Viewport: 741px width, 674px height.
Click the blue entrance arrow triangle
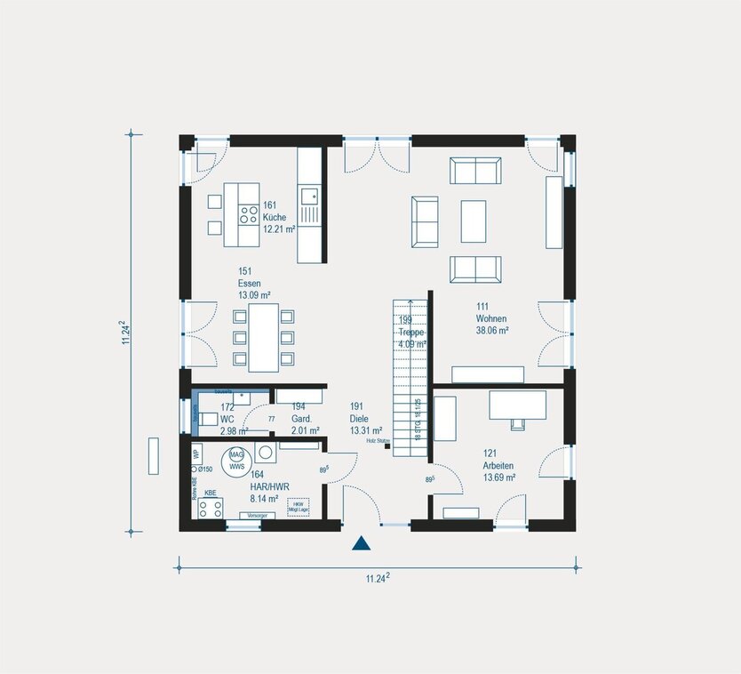[x=362, y=545]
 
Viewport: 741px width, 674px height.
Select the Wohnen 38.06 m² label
[x=491, y=317]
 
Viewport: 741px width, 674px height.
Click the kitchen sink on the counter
[x=309, y=196]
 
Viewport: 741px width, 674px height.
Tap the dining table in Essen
[x=263, y=338]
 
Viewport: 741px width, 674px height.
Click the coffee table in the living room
[x=473, y=221]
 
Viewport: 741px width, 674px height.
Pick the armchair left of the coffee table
[x=425, y=221]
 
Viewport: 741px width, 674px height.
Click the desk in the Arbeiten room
[x=517, y=405]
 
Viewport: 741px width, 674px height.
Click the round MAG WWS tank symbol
[x=236, y=455]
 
